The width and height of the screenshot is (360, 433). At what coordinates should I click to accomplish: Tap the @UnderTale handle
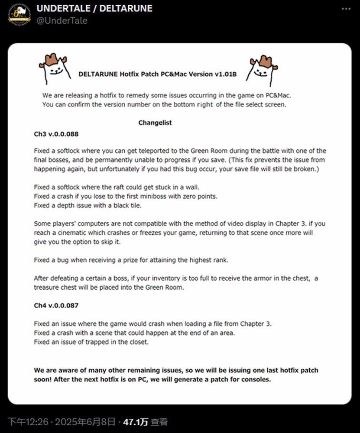(x=62, y=20)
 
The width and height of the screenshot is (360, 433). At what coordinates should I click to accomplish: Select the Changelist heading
(x=155, y=123)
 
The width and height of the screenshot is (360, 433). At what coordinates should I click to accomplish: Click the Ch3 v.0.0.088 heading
(x=56, y=134)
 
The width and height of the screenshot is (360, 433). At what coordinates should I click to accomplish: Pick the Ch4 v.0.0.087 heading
(x=56, y=305)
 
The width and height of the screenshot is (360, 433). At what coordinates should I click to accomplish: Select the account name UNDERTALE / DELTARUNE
(x=94, y=9)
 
